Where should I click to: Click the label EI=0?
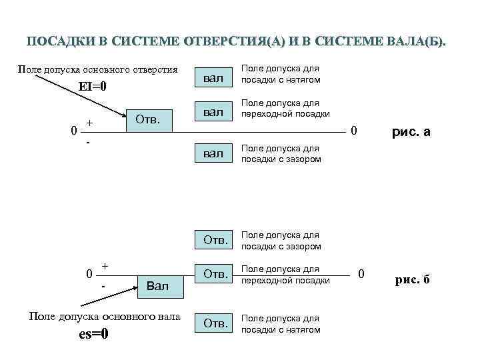point(93,87)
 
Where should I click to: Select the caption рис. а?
point(411,132)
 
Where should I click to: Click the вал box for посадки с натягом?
point(213,79)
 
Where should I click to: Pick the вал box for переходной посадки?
point(213,112)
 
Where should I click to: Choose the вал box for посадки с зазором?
point(213,154)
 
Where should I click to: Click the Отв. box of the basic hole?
point(147,119)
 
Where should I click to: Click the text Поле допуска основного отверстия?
point(97,70)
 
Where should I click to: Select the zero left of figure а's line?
point(73,131)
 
